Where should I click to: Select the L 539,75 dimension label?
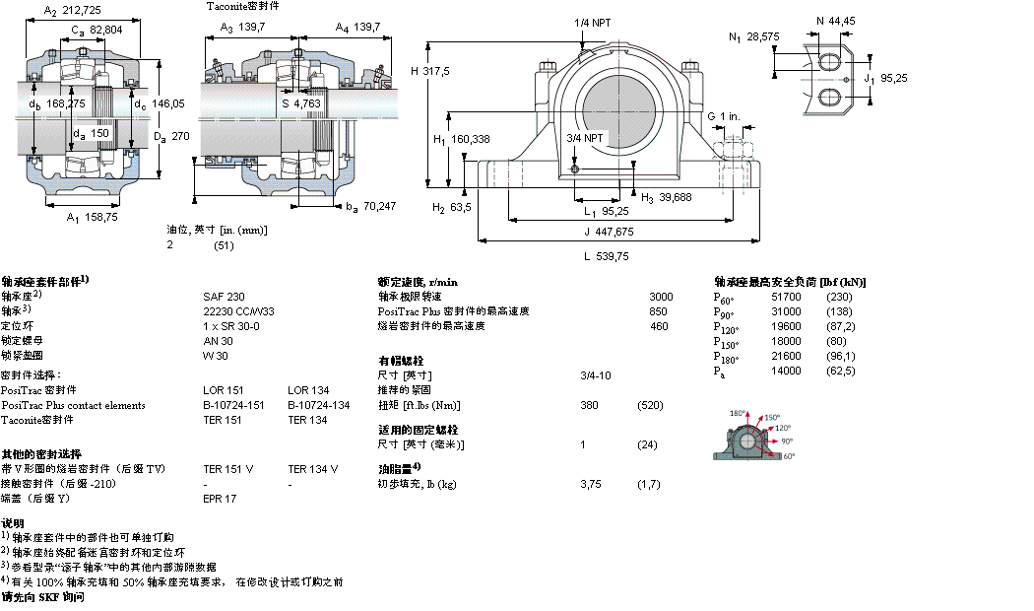606,256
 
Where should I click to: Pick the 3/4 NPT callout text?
585,138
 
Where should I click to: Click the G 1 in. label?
724,117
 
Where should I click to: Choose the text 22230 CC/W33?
237,310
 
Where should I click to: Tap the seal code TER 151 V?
227,469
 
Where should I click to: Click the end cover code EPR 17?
220,499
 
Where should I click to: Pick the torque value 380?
590,405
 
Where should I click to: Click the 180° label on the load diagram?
738,414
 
